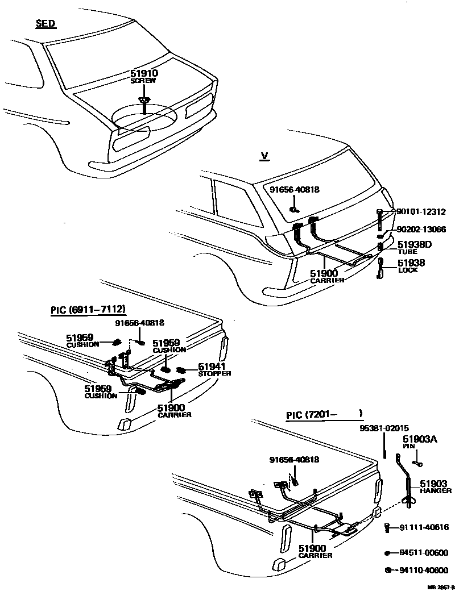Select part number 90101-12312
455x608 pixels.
click(421, 212)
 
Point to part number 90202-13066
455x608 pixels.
click(421, 230)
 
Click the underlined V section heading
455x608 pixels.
click(263, 156)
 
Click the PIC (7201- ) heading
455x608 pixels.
click(324, 415)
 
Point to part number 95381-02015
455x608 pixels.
click(384, 428)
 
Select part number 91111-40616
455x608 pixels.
click(424, 527)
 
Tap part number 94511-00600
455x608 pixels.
click(424, 552)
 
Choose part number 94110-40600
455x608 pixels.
click(424, 570)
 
